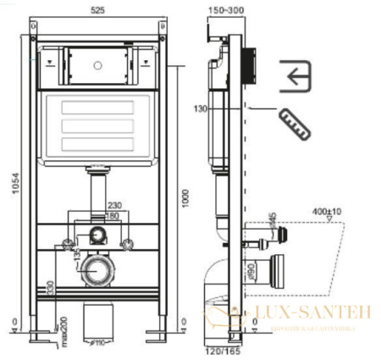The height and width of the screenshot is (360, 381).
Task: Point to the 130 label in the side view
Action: click(200, 108)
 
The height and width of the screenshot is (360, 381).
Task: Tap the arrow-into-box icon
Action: click(294, 78)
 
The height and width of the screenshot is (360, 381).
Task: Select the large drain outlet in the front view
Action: click(98, 274)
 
